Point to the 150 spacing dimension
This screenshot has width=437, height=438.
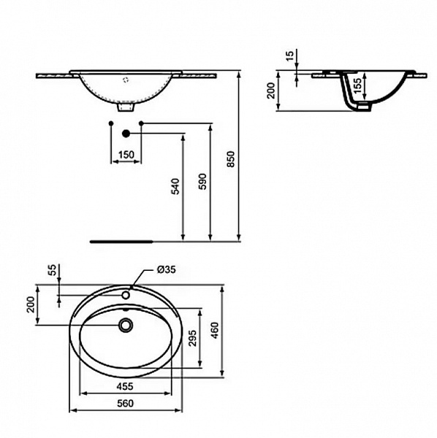tap(126, 154)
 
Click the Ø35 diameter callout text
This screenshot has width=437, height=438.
tap(166, 270)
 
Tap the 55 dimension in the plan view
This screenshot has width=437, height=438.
tap(50, 270)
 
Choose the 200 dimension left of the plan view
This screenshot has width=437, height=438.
tap(31, 304)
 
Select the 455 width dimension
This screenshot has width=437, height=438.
tap(126, 388)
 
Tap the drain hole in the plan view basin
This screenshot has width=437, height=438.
tap(126, 325)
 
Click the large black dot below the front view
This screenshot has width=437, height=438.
tap(126, 134)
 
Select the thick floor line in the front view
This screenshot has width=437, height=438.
tap(120, 239)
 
